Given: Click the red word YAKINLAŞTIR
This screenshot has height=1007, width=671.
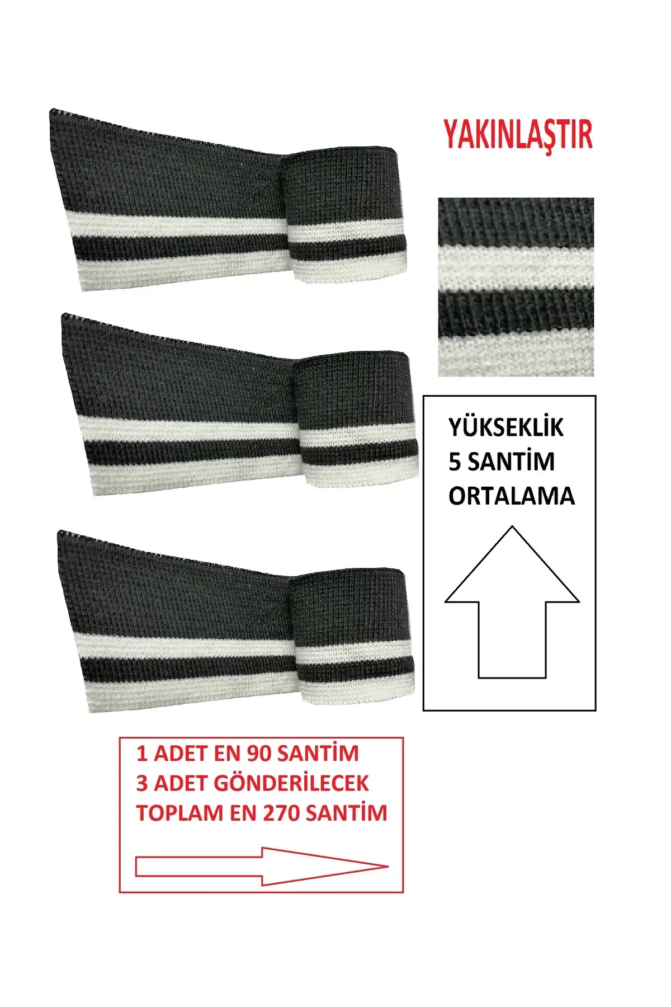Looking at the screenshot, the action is pos(518,135).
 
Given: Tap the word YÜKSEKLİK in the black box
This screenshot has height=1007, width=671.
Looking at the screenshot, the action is pos(505,428).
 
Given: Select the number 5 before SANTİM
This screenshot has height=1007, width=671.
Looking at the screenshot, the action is pos(455,462).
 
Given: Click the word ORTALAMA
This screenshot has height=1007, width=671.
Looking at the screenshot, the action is pos(512,496).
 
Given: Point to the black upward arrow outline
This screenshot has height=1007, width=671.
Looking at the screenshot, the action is pos(512,602).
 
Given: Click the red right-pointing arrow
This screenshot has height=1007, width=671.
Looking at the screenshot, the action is pos(262,867).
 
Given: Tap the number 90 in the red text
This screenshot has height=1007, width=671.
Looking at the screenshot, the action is pos(259,754).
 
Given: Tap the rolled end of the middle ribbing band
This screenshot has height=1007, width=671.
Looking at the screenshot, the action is pos(357,419).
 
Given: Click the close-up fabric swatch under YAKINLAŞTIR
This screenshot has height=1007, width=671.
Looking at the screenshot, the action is pos(516,286).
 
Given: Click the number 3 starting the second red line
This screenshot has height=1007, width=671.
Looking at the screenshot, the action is pos(142,783).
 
